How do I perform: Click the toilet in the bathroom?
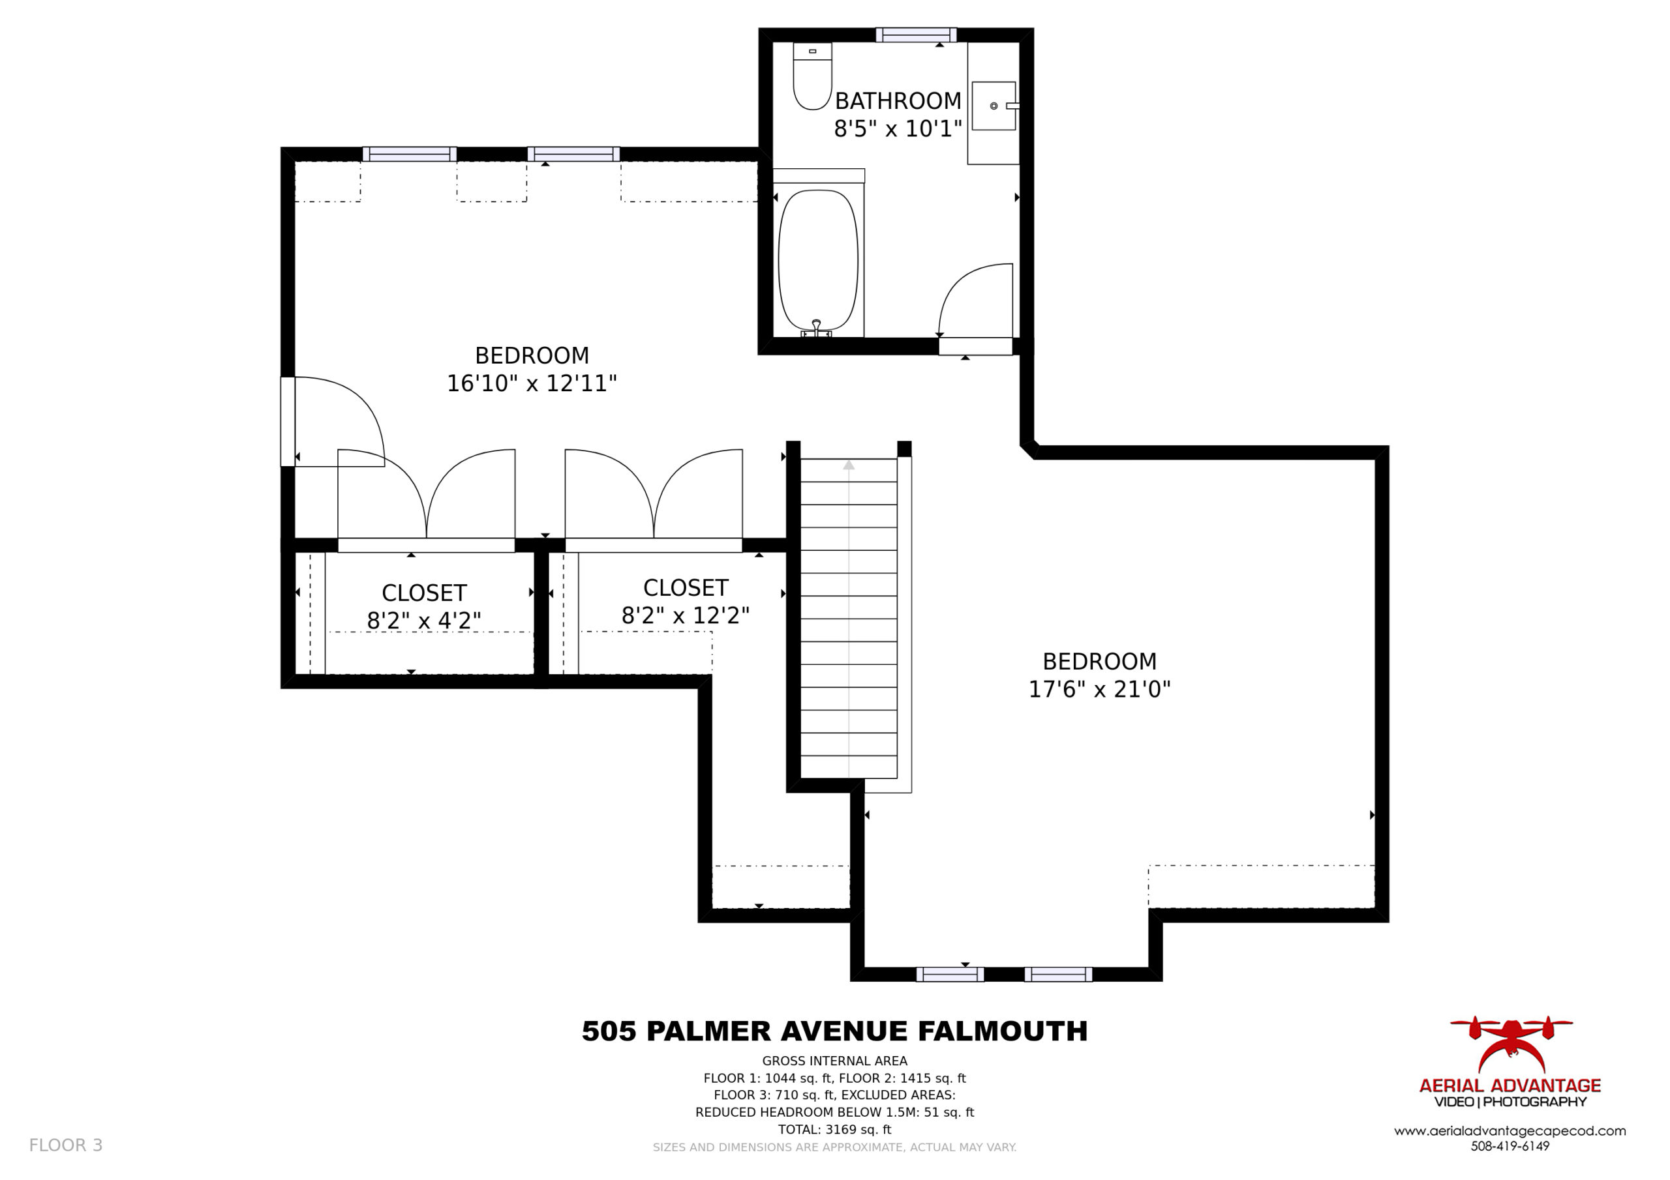click(812, 76)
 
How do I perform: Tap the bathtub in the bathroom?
click(818, 261)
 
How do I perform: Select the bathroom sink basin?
click(994, 106)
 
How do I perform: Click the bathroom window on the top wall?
click(916, 35)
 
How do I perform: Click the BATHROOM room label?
click(898, 100)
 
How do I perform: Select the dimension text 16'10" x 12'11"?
click(532, 383)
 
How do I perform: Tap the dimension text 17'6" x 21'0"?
click(1099, 689)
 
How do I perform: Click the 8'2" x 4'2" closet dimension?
click(424, 621)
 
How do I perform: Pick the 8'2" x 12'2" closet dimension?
click(685, 616)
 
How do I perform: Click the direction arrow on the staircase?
click(849, 465)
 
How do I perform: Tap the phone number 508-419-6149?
click(1510, 1147)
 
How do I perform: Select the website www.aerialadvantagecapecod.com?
click(1510, 1131)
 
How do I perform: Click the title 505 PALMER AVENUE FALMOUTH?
click(835, 1031)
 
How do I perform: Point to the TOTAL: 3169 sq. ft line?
click(835, 1130)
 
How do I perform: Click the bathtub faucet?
click(817, 329)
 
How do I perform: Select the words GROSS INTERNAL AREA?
click(835, 1061)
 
